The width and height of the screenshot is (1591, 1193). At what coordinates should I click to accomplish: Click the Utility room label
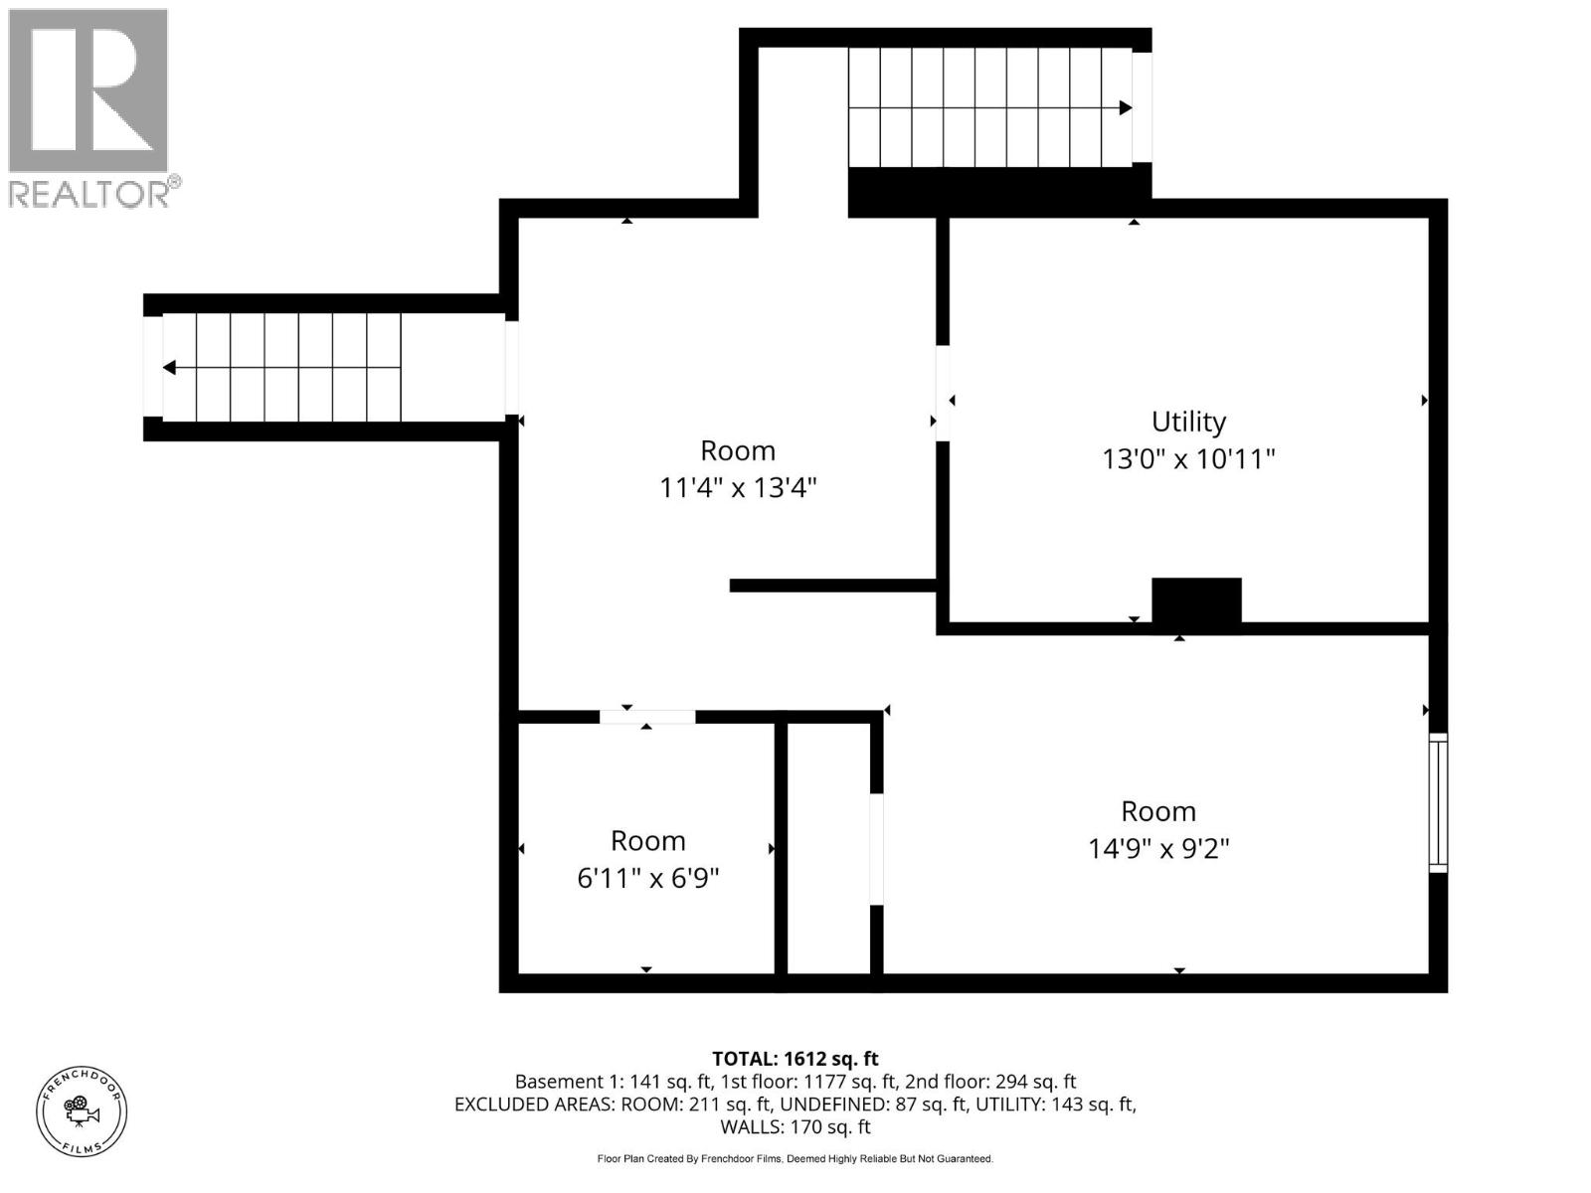point(1188,422)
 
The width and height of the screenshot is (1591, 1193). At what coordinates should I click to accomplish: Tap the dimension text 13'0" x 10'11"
point(1188,459)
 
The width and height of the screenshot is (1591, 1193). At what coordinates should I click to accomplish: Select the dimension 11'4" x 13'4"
point(738,488)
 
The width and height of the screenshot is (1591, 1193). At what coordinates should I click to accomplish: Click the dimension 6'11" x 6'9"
point(647,879)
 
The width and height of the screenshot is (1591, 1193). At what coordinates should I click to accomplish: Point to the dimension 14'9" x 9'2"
point(1158,849)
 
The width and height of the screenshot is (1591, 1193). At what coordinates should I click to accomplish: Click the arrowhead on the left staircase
point(170,368)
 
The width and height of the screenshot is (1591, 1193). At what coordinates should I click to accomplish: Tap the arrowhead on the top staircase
point(1125,107)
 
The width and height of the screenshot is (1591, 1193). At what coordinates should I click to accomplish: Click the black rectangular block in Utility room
point(1196,600)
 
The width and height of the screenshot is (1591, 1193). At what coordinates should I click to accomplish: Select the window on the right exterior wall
point(1438,802)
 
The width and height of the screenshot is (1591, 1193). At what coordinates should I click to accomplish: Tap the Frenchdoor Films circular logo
point(82,1110)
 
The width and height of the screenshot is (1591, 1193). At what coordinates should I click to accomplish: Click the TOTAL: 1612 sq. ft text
point(795,1059)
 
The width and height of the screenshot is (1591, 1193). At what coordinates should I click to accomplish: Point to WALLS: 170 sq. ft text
point(795,1126)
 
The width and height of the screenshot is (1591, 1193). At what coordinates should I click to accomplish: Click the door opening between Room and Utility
point(942,393)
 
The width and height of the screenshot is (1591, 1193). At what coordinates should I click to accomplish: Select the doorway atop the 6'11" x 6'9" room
point(646,717)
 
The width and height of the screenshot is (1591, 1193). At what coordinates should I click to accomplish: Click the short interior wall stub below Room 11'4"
point(833,586)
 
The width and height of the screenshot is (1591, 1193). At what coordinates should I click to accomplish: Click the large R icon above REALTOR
point(88,91)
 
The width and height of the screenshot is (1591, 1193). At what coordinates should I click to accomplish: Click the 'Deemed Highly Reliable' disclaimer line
point(795,1159)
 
